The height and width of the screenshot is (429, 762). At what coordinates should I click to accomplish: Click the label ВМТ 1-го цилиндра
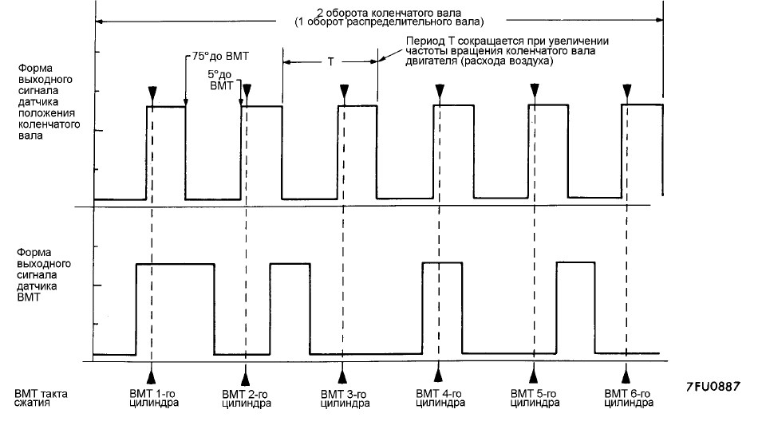[x=153, y=399]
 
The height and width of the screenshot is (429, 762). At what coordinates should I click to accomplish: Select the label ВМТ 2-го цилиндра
[x=247, y=399]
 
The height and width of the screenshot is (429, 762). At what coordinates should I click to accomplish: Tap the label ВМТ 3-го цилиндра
[x=345, y=399]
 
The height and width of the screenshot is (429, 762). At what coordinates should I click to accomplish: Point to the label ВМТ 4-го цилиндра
[x=440, y=399]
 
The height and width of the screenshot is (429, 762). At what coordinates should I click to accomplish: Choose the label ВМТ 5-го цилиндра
[x=535, y=399]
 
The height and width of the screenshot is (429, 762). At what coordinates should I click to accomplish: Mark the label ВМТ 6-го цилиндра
[x=629, y=399]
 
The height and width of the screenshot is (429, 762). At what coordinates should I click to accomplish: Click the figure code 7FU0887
[x=713, y=386]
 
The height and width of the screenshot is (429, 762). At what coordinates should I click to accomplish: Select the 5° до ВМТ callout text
[x=220, y=81]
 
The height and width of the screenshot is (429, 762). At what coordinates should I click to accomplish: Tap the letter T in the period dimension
[x=330, y=62]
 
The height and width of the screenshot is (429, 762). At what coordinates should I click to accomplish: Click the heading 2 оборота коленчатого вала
[x=389, y=13]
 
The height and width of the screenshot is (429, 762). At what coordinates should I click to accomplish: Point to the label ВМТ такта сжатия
[x=41, y=398]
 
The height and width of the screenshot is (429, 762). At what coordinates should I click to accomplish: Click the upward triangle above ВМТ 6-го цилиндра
[x=626, y=376]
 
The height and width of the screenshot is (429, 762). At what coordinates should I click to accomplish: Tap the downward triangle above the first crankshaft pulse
[x=152, y=92]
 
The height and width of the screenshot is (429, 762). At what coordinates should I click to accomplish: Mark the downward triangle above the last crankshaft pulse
[x=627, y=90]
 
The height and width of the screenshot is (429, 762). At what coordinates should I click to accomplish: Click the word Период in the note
[x=423, y=41]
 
